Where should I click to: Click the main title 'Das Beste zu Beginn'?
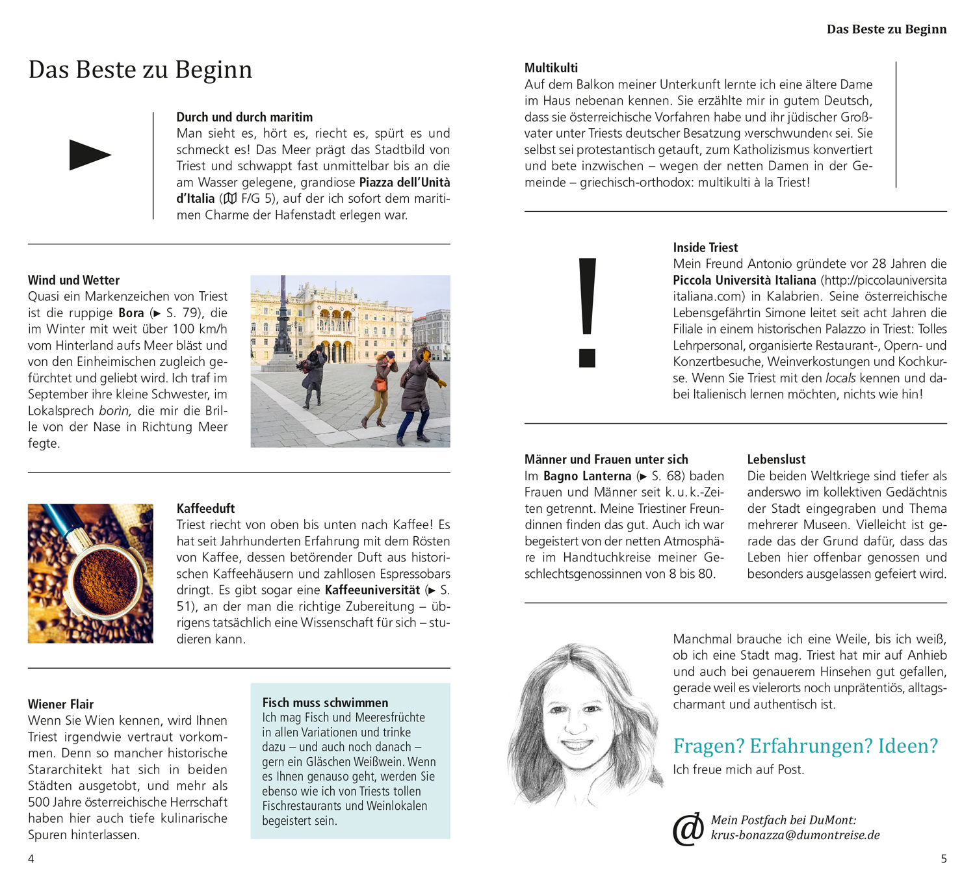click(140, 70)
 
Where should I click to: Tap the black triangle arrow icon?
click(89, 155)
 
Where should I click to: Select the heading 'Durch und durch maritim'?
click(244, 117)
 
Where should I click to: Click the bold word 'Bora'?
click(131, 313)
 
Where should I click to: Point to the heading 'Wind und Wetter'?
click(73, 280)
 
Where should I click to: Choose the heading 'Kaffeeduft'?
click(205, 508)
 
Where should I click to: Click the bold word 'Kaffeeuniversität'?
click(372, 590)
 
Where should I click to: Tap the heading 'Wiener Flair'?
click(60, 704)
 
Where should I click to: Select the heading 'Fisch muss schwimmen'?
click(325, 703)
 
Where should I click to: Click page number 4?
click(31, 859)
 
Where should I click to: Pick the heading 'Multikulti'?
click(551, 68)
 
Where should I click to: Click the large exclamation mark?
click(587, 312)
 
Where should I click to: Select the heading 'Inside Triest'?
click(705, 248)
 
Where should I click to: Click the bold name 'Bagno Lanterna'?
click(588, 476)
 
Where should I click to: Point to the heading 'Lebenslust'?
click(776, 460)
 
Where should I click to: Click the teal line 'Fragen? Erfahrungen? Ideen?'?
click(805, 746)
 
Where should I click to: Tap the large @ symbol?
click(688, 829)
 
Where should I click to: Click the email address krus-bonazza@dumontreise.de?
click(795, 835)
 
